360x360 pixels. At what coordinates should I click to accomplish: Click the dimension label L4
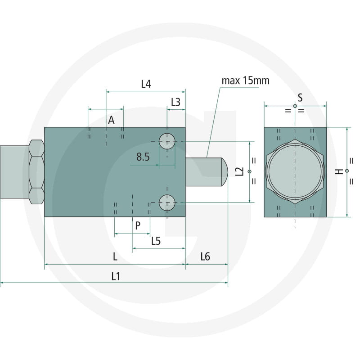pyautogui.click(x=146, y=84)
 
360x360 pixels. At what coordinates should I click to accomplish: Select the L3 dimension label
pyautogui.click(x=175, y=102)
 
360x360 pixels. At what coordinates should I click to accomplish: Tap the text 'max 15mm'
pyautogui.click(x=245, y=81)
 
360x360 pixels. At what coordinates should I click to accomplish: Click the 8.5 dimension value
pyautogui.click(x=143, y=157)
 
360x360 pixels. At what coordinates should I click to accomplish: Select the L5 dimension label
pyautogui.click(x=156, y=241)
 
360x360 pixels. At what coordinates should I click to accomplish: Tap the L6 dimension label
pyautogui.click(x=205, y=256)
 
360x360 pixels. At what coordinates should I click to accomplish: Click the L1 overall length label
pyautogui.click(x=116, y=276)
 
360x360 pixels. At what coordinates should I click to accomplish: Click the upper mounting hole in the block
pyautogui.click(x=167, y=142)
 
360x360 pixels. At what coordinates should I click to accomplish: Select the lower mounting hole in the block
pyautogui.click(x=167, y=202)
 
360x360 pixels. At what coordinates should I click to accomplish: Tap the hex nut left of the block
pyautogui.click(x=36, y=171)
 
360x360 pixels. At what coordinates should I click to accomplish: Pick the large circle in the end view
pyautogui.click(x=295, y=171)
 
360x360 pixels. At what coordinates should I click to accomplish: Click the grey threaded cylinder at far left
pyautogui.click(x=14, y=171)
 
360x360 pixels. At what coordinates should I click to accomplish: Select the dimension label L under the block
pyautogui.click(x=115, y=256)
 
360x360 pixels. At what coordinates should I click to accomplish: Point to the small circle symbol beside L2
pyautogui.click(x=249, y=172)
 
